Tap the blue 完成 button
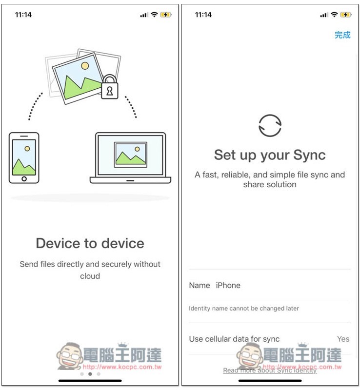pyautogui.click(x=342, y=35)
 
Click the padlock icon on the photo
pyautogui.click(x=110, y=87)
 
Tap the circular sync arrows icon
pyautogui.click(x=270, y=125)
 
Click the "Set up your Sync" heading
pyautogui.click(x=270, y=155)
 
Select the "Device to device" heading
pyautogui.click(x=90, y=243)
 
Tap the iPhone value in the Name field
pyautogui.click(x=228, y=285)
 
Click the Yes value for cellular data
pyautogui.click(x=343, y=339)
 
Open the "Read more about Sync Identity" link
pyautogui.click(x=270, y=370)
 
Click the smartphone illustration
pyautogui.click(x=24, y=158)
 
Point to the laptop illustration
pyautogui.click(x=130, y=158)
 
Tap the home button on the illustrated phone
pyautogui.click(x=24, y=178)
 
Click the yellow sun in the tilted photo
pyautogui.click(x=85, y=66)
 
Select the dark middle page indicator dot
pyautogui.click(x=90, y=374)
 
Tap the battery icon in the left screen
pyautogui.click(x=166, y=15)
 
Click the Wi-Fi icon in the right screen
pyautogui.click(x=334, y=15)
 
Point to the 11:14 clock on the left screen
pyautogui.click(x=23, y=15)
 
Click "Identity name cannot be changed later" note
pyautogui.click(x=244, y=309)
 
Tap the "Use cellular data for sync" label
pyautogui.click(x=234, y=339)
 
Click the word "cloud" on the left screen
pyautogui.click(x=90, y=276)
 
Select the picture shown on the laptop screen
pyautogui.click(x=130, y=155)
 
